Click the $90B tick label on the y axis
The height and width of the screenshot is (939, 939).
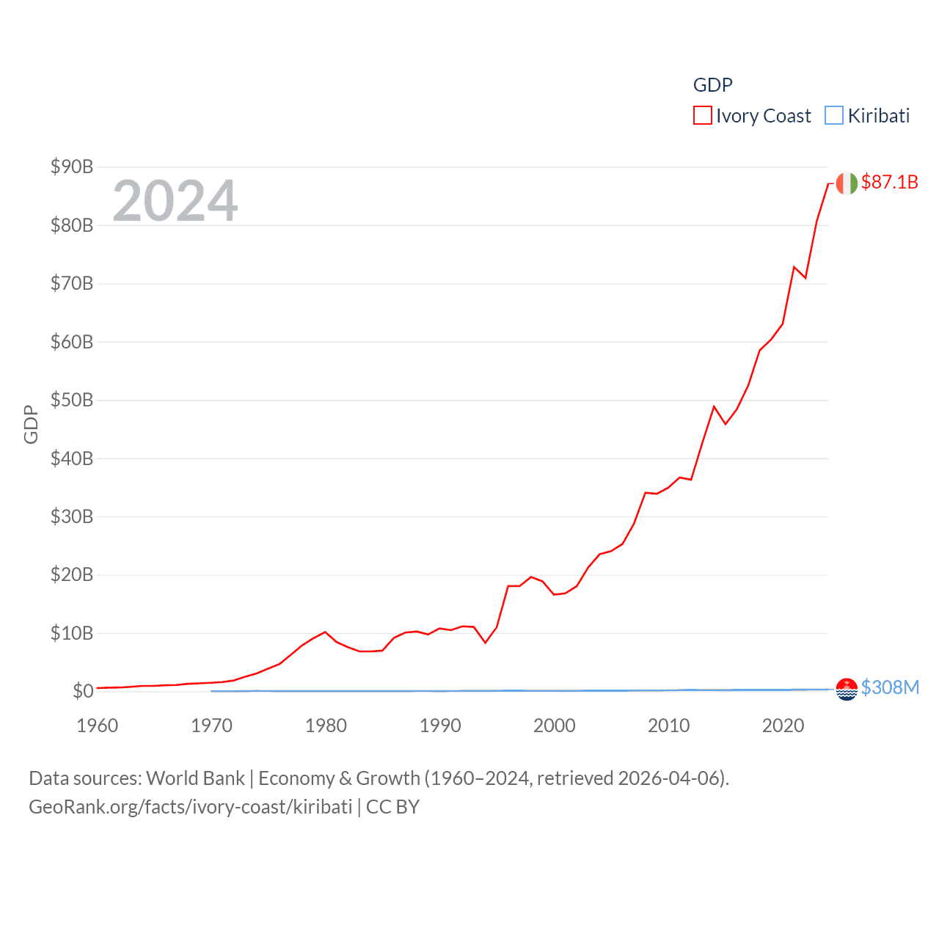click(71, 167)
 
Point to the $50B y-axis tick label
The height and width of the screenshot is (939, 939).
click(71, 400)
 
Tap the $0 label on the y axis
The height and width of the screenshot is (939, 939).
click(83, 691)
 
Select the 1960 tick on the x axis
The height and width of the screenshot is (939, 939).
click(98, 726)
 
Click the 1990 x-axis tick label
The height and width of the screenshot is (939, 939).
click(440, 726)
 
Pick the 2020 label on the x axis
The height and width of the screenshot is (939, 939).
click(783, 726)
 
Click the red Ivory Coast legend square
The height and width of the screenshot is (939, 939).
click(702, 116)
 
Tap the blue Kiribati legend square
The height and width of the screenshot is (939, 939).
click(834, 116)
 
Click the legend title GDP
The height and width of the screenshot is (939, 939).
click(712, 85)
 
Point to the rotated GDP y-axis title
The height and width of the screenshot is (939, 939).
click(31, 424)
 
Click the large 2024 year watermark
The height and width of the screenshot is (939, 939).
click(175, 201)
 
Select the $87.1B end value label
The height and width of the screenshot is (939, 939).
click(889, 182)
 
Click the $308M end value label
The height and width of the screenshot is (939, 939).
click(890, 687)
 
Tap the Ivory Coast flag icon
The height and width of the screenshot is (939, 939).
click(847, 183)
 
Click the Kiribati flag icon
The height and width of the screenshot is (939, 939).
click(847, 690)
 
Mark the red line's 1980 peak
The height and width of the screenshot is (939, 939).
click(325, 632)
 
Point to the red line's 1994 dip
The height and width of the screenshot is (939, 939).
click(485, 643)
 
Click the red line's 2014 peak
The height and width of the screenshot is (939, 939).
click(714, 406)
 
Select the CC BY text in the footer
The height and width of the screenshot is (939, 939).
click(392, 807)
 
